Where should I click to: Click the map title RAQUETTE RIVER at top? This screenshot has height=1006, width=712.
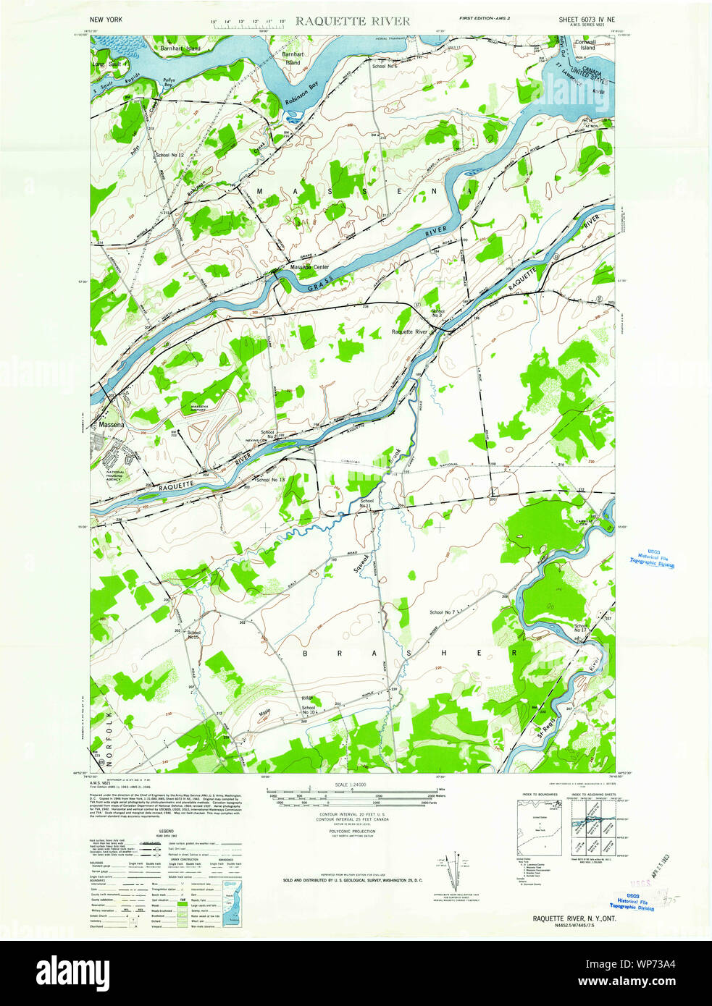(352, 21)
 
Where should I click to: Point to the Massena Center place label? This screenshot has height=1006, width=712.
(309, 267)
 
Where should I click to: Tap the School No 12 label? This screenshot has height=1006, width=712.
(169, 155)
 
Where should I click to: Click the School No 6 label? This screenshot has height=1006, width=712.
(385, 66)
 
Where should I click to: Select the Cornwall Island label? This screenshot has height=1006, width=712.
(585, 45)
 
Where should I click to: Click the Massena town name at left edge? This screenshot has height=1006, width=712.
(112, 424)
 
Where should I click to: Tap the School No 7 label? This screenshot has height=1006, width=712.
(442, 612)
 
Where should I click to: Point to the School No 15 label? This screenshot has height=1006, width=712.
(193, 635)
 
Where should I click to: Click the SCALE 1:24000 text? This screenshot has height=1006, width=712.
(351, 785)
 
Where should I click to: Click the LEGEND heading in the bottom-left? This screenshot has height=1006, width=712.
(166, 832)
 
